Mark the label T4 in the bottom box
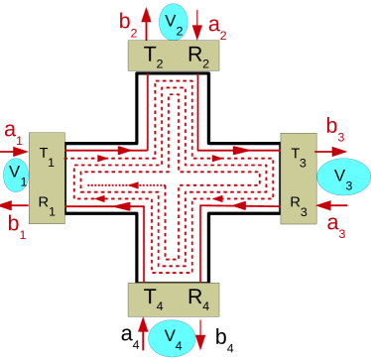(x=152, y=297)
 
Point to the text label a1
(x=13, y=130)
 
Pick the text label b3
(x=333, y=129)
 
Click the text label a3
(x=334, y=226)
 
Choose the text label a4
(x=129, y=332)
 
